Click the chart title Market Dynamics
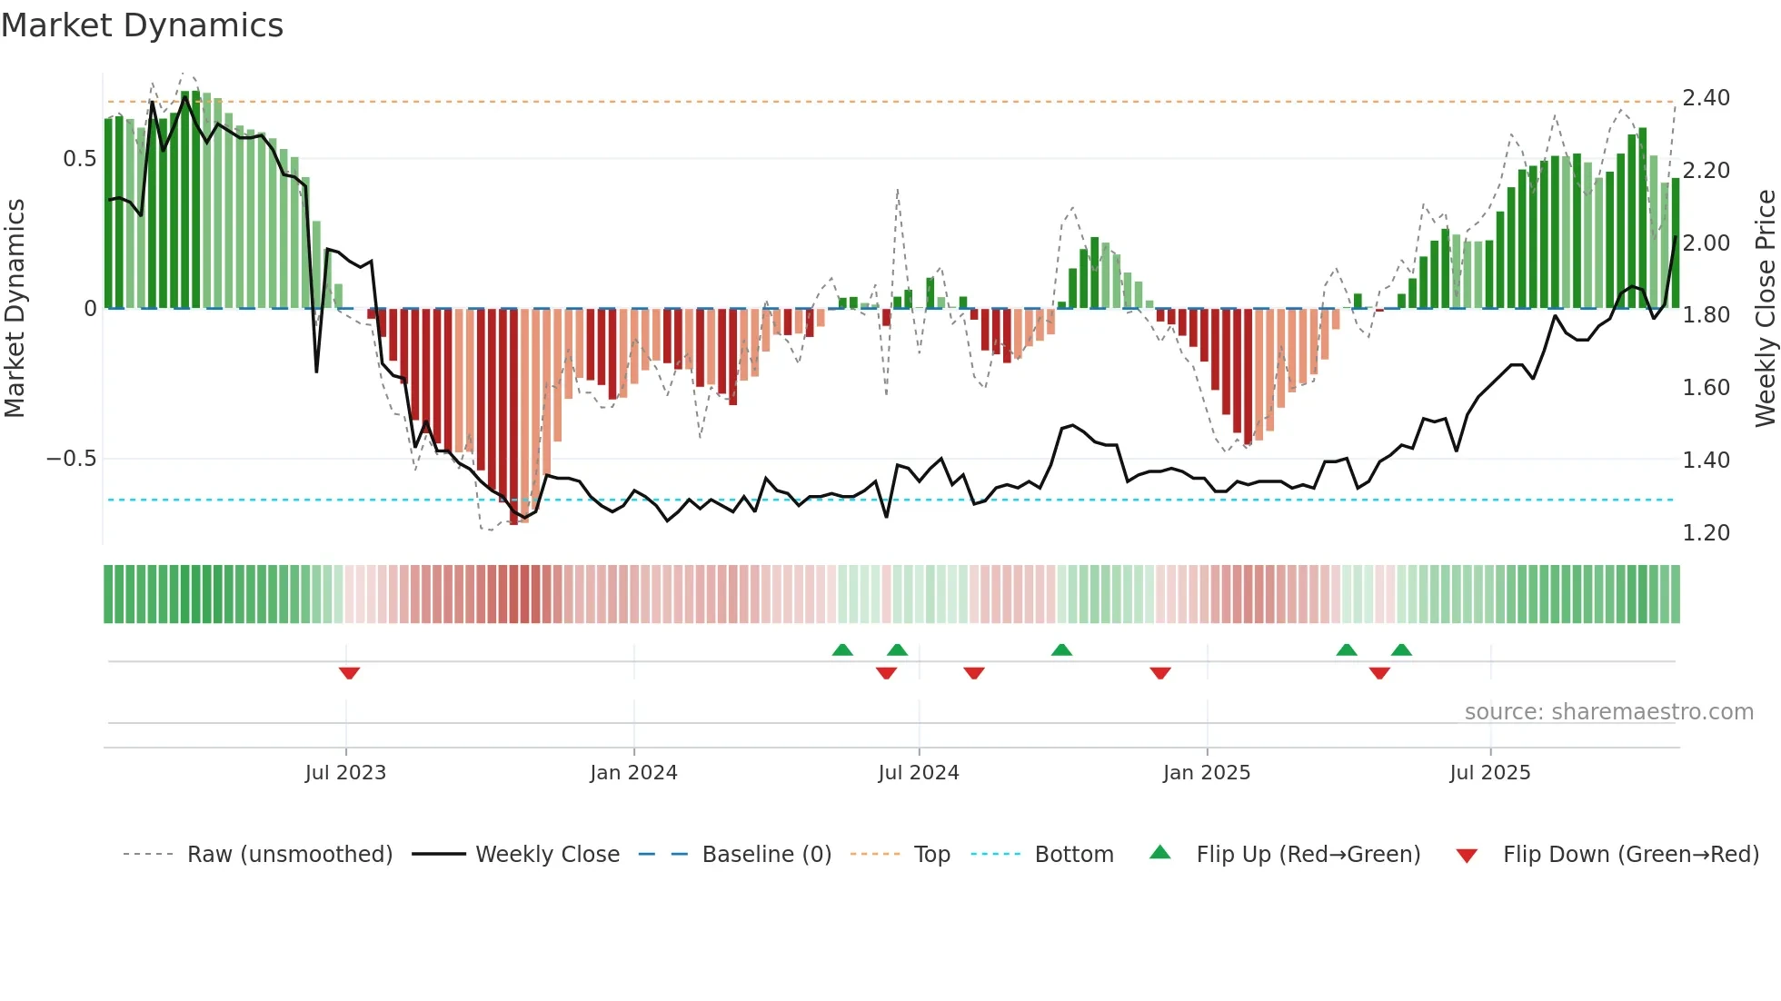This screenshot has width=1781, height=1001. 143,25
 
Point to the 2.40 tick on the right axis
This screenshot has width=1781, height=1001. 1706,98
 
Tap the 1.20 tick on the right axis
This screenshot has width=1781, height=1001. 1706,533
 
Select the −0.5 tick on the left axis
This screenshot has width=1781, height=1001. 72,459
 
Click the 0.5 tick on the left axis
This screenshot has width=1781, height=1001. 79,159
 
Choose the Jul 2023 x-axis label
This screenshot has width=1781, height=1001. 345,773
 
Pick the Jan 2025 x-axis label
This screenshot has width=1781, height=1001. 1207,773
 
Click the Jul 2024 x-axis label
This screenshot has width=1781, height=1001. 919,773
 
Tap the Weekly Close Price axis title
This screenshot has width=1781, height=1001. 1765,309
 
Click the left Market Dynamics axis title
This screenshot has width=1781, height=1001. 15,309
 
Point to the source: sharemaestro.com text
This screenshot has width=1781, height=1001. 1608,712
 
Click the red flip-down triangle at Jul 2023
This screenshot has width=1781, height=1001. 349,673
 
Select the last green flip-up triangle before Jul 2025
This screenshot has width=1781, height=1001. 1401,649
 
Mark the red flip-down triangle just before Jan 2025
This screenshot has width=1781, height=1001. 1160,673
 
